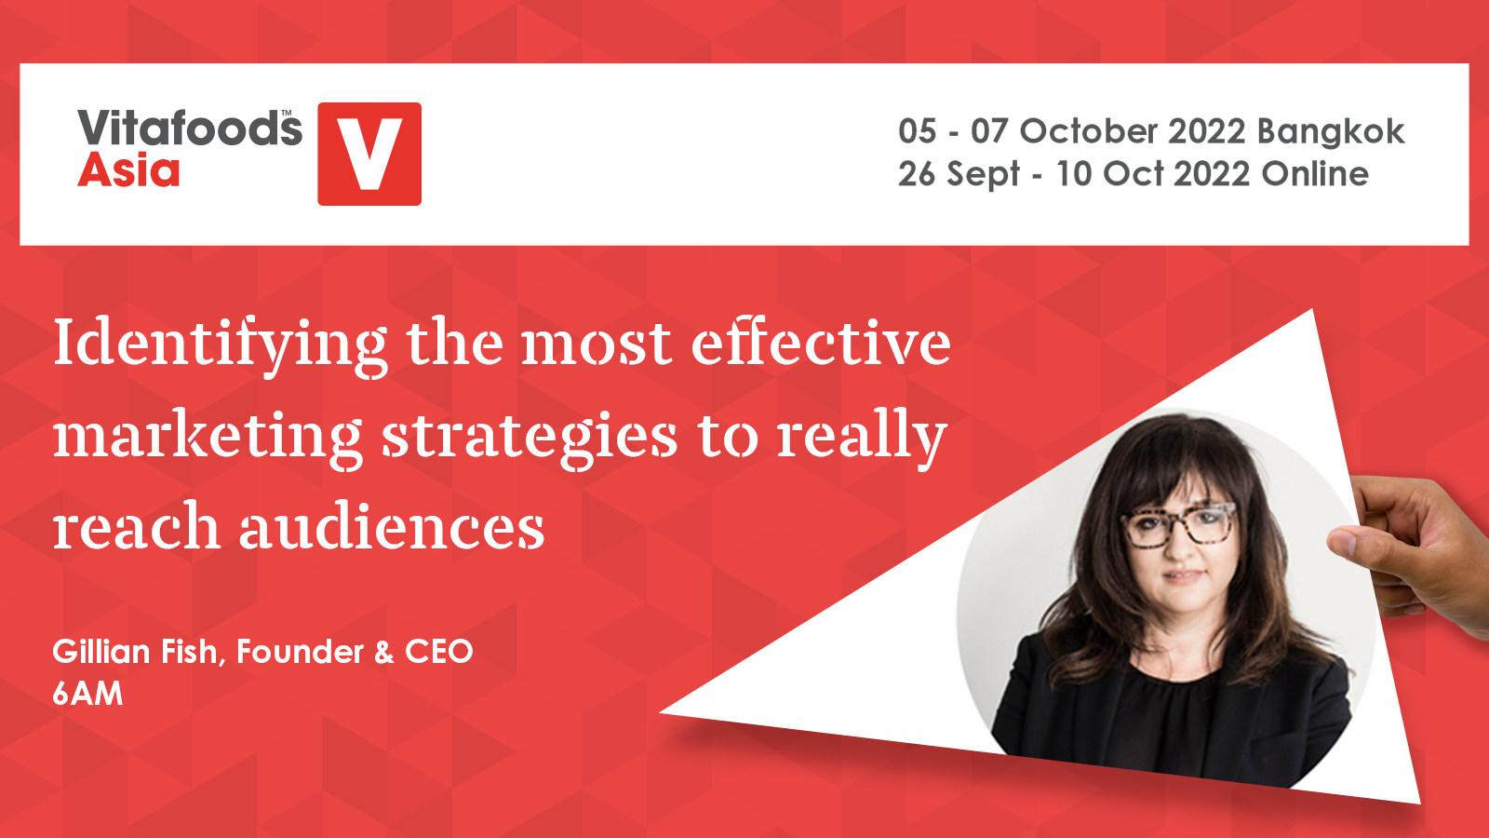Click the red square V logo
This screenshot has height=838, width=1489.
(369, 154)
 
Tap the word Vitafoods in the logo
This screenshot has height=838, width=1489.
(190, 128)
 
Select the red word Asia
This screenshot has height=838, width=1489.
(129, 170)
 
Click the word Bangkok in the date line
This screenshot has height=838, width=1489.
(1330, 132)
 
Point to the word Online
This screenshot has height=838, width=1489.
(1315, 173)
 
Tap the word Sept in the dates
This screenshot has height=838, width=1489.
(983, 175)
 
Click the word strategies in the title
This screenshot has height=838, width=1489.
(530, 439)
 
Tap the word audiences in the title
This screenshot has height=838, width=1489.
(392, 525)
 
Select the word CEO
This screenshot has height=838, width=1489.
(438, 651)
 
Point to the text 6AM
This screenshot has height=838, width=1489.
(87, 694)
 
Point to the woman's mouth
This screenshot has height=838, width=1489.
(1184, 574)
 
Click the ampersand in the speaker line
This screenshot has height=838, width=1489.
(384, 652)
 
